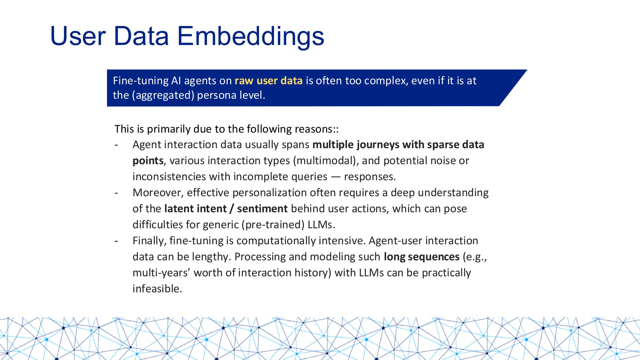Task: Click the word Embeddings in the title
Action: click(x=251, y=36)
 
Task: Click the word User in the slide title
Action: click(x=78, y=36)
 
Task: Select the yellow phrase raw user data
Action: click(x=268, y=81)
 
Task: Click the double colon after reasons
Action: click(x=336, y=129)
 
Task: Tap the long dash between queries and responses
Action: click(x=336, y=177)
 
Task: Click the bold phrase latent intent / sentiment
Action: click(x=226, y=208)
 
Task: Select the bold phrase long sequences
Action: click(x=422, y=257)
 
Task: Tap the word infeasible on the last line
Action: click(x=157, y=288)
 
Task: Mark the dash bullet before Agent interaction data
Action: click(x=116, y=145)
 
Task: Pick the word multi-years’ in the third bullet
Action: click(x=161, y=272)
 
